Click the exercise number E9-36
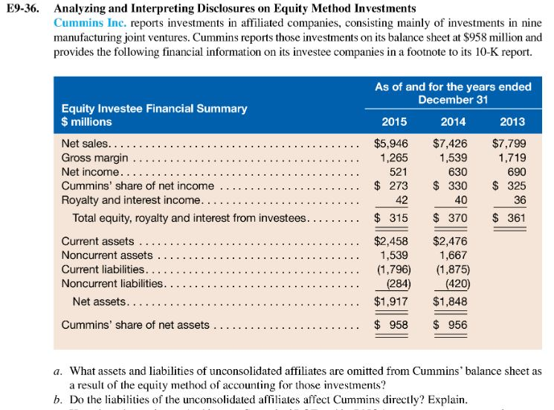[25, 9]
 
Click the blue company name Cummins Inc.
[83, 22]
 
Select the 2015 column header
[393, 121]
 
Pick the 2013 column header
[512, 121]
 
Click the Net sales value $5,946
[390, 144]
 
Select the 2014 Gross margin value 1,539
[453, 158]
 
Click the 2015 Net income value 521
[398, 172]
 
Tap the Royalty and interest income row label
[131, 200]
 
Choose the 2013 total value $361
[509, 218]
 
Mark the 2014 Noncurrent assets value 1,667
[453, 255]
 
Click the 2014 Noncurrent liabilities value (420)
[453, 284]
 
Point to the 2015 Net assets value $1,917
[390, 302]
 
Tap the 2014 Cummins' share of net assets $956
[451, 324]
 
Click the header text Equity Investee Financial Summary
[154, 109]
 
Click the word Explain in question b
[449, 397]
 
